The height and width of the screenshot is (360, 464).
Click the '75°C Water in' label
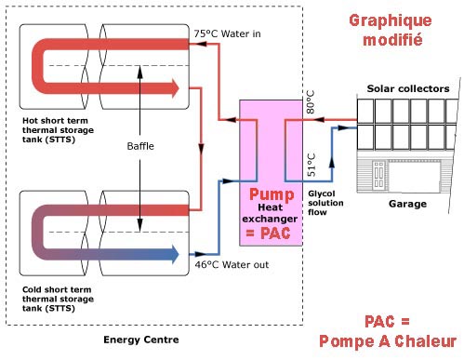point(227,33)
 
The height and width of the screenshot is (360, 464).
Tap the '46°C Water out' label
point(232,264)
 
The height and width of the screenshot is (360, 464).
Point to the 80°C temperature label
point(311,101)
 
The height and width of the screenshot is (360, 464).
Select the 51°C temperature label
point(311,165)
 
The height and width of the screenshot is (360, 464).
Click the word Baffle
point(140,146)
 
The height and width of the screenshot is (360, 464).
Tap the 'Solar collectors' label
point(408,88)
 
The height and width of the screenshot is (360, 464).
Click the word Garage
point(407,204)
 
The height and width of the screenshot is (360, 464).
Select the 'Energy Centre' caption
point(141,340)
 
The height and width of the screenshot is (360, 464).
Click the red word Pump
point(272,194)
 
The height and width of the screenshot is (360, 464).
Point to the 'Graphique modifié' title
point(391,30)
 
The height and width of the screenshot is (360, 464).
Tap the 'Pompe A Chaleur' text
point(388,341)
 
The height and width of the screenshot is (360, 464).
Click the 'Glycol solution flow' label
point(325,203)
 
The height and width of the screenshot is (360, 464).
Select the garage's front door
point(378,175)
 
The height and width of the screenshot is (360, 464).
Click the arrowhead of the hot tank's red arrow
point(176,88)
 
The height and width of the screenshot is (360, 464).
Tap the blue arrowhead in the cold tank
point(176,254)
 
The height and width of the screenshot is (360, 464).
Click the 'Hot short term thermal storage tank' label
point(58,130)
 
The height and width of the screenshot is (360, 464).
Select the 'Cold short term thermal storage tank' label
point(58,299)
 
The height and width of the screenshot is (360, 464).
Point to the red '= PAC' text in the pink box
point(268,233)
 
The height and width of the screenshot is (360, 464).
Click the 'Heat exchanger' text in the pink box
point(270,213)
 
